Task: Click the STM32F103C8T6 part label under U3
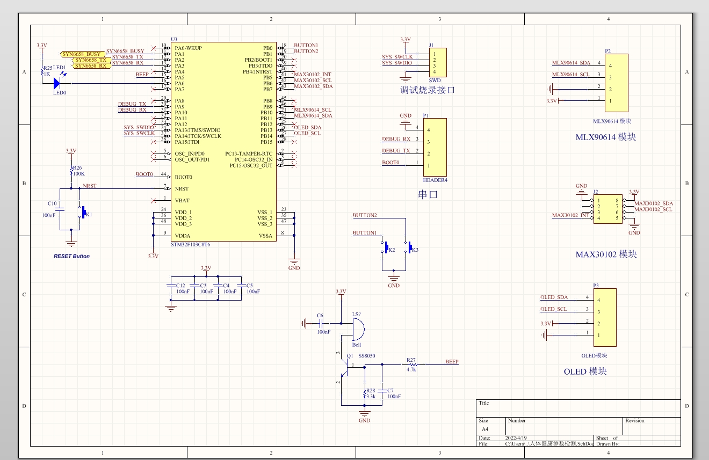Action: [190, 244]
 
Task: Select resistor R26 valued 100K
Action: [71, 172]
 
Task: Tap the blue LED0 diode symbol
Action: [57, 83]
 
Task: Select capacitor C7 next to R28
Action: [382, 390]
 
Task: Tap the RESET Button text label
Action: [71, 256]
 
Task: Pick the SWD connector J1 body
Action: [438, 62]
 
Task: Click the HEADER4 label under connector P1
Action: [435, 180]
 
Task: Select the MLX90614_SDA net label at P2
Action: [571, 63]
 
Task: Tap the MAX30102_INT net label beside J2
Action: [569, 215]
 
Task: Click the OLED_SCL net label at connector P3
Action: [553, 309]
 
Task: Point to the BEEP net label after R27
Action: [452, 362]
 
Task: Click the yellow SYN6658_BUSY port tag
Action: [82, 54]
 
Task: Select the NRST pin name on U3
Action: [182, 189]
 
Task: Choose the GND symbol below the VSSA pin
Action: [294, 261]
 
